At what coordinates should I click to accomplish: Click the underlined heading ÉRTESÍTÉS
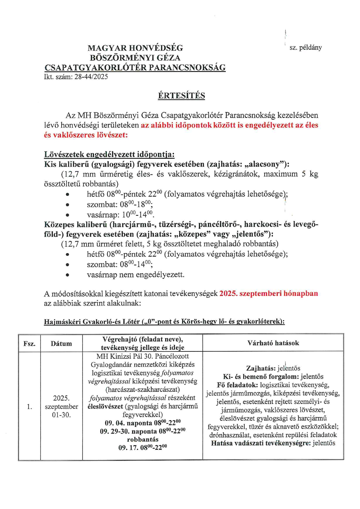coord(181,95)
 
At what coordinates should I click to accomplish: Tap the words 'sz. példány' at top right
coord(305,48)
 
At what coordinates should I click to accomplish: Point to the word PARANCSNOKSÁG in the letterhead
coord(187,68)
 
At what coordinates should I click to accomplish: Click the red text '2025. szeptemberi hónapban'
coord(269,293)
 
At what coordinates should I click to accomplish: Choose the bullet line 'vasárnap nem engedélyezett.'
coord(136,275)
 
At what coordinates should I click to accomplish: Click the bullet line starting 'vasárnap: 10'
coord(120,215)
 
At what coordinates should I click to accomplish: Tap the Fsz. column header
coord(29,344)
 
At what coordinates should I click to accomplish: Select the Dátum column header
coord(61,344)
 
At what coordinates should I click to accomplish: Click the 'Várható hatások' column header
coord(273,343)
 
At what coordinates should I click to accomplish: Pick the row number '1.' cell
coord(29,407)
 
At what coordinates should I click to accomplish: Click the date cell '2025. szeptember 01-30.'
coord(61,406)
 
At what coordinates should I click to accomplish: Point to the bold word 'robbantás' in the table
coord(143,439)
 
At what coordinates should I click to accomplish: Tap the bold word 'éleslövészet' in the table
coord(105,406)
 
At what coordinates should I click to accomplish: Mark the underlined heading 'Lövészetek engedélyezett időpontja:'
coord(109,154)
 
